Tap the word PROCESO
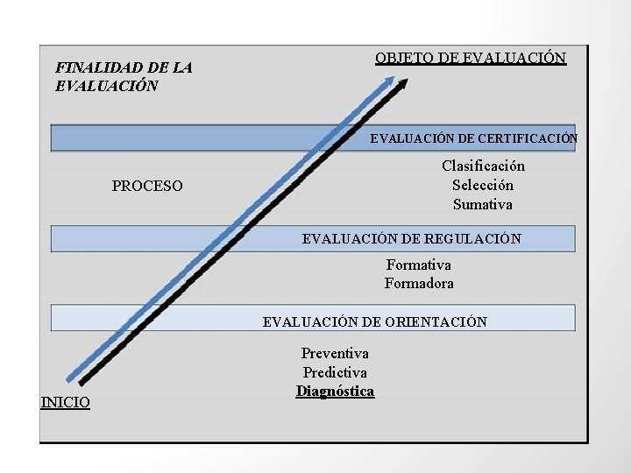[x=147, y=186]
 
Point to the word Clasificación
[x=483, y=166]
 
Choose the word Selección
[x=483, y=185]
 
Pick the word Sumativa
[x=483, y=204]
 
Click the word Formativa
[x=419, y=265]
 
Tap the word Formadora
[x=419, y=284]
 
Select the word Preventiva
[x=335, y=353]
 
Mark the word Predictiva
[x=335, y=372]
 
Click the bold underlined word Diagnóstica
[x=335, y=392]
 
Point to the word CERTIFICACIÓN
[x=527, y=138]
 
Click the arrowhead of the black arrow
[x=404, y=84]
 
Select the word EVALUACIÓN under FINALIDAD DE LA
[x=106, y=86]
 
